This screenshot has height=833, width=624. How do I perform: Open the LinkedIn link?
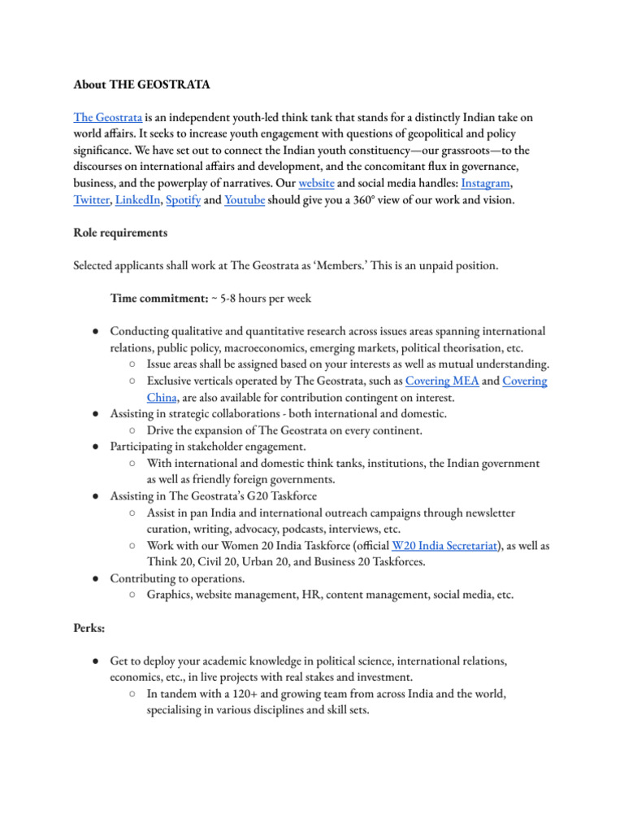137,200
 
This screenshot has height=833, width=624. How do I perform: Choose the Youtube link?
245,200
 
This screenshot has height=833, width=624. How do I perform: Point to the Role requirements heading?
120,233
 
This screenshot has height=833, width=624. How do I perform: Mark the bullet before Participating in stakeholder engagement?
96,447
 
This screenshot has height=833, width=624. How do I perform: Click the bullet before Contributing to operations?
96,578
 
